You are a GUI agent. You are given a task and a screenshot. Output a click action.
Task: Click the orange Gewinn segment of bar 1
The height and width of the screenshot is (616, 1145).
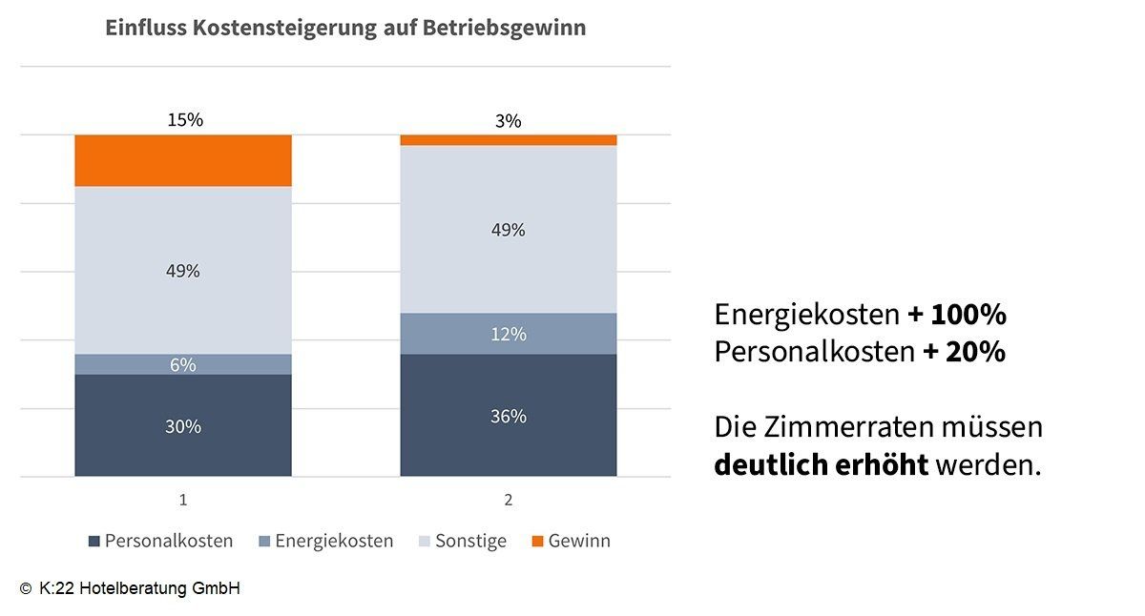[182, 160]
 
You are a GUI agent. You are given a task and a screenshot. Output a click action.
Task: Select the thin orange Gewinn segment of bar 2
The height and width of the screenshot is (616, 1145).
[508, 140]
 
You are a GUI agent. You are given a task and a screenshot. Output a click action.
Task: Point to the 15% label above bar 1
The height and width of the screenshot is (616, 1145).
[185, 120]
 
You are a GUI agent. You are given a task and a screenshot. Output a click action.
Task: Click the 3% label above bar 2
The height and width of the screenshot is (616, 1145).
[509, 121]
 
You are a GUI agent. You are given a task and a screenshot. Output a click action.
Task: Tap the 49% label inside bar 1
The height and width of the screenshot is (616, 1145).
[182, 271]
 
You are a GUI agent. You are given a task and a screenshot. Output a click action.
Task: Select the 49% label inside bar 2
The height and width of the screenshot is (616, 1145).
[508, 230]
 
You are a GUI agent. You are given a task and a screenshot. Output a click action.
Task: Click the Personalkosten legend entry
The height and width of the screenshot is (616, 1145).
[160, 541]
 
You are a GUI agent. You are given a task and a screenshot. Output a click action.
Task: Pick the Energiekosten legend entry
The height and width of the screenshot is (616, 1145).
[325, 541]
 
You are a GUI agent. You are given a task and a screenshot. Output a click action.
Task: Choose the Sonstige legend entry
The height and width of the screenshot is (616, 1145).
[463, 541]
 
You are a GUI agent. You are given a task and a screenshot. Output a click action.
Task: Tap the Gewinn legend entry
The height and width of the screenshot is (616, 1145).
[571, 541]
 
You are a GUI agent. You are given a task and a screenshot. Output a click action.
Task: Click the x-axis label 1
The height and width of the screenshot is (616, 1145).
[182, 500]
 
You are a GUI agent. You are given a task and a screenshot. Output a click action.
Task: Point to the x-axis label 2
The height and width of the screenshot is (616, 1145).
[508, 500]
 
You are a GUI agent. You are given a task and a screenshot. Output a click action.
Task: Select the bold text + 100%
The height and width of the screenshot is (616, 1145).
[957, 315]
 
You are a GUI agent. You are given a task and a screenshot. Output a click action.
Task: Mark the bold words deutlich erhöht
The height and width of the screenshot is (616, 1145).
[821, 465]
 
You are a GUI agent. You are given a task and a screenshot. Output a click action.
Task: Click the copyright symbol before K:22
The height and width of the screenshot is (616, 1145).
[25, 589]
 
